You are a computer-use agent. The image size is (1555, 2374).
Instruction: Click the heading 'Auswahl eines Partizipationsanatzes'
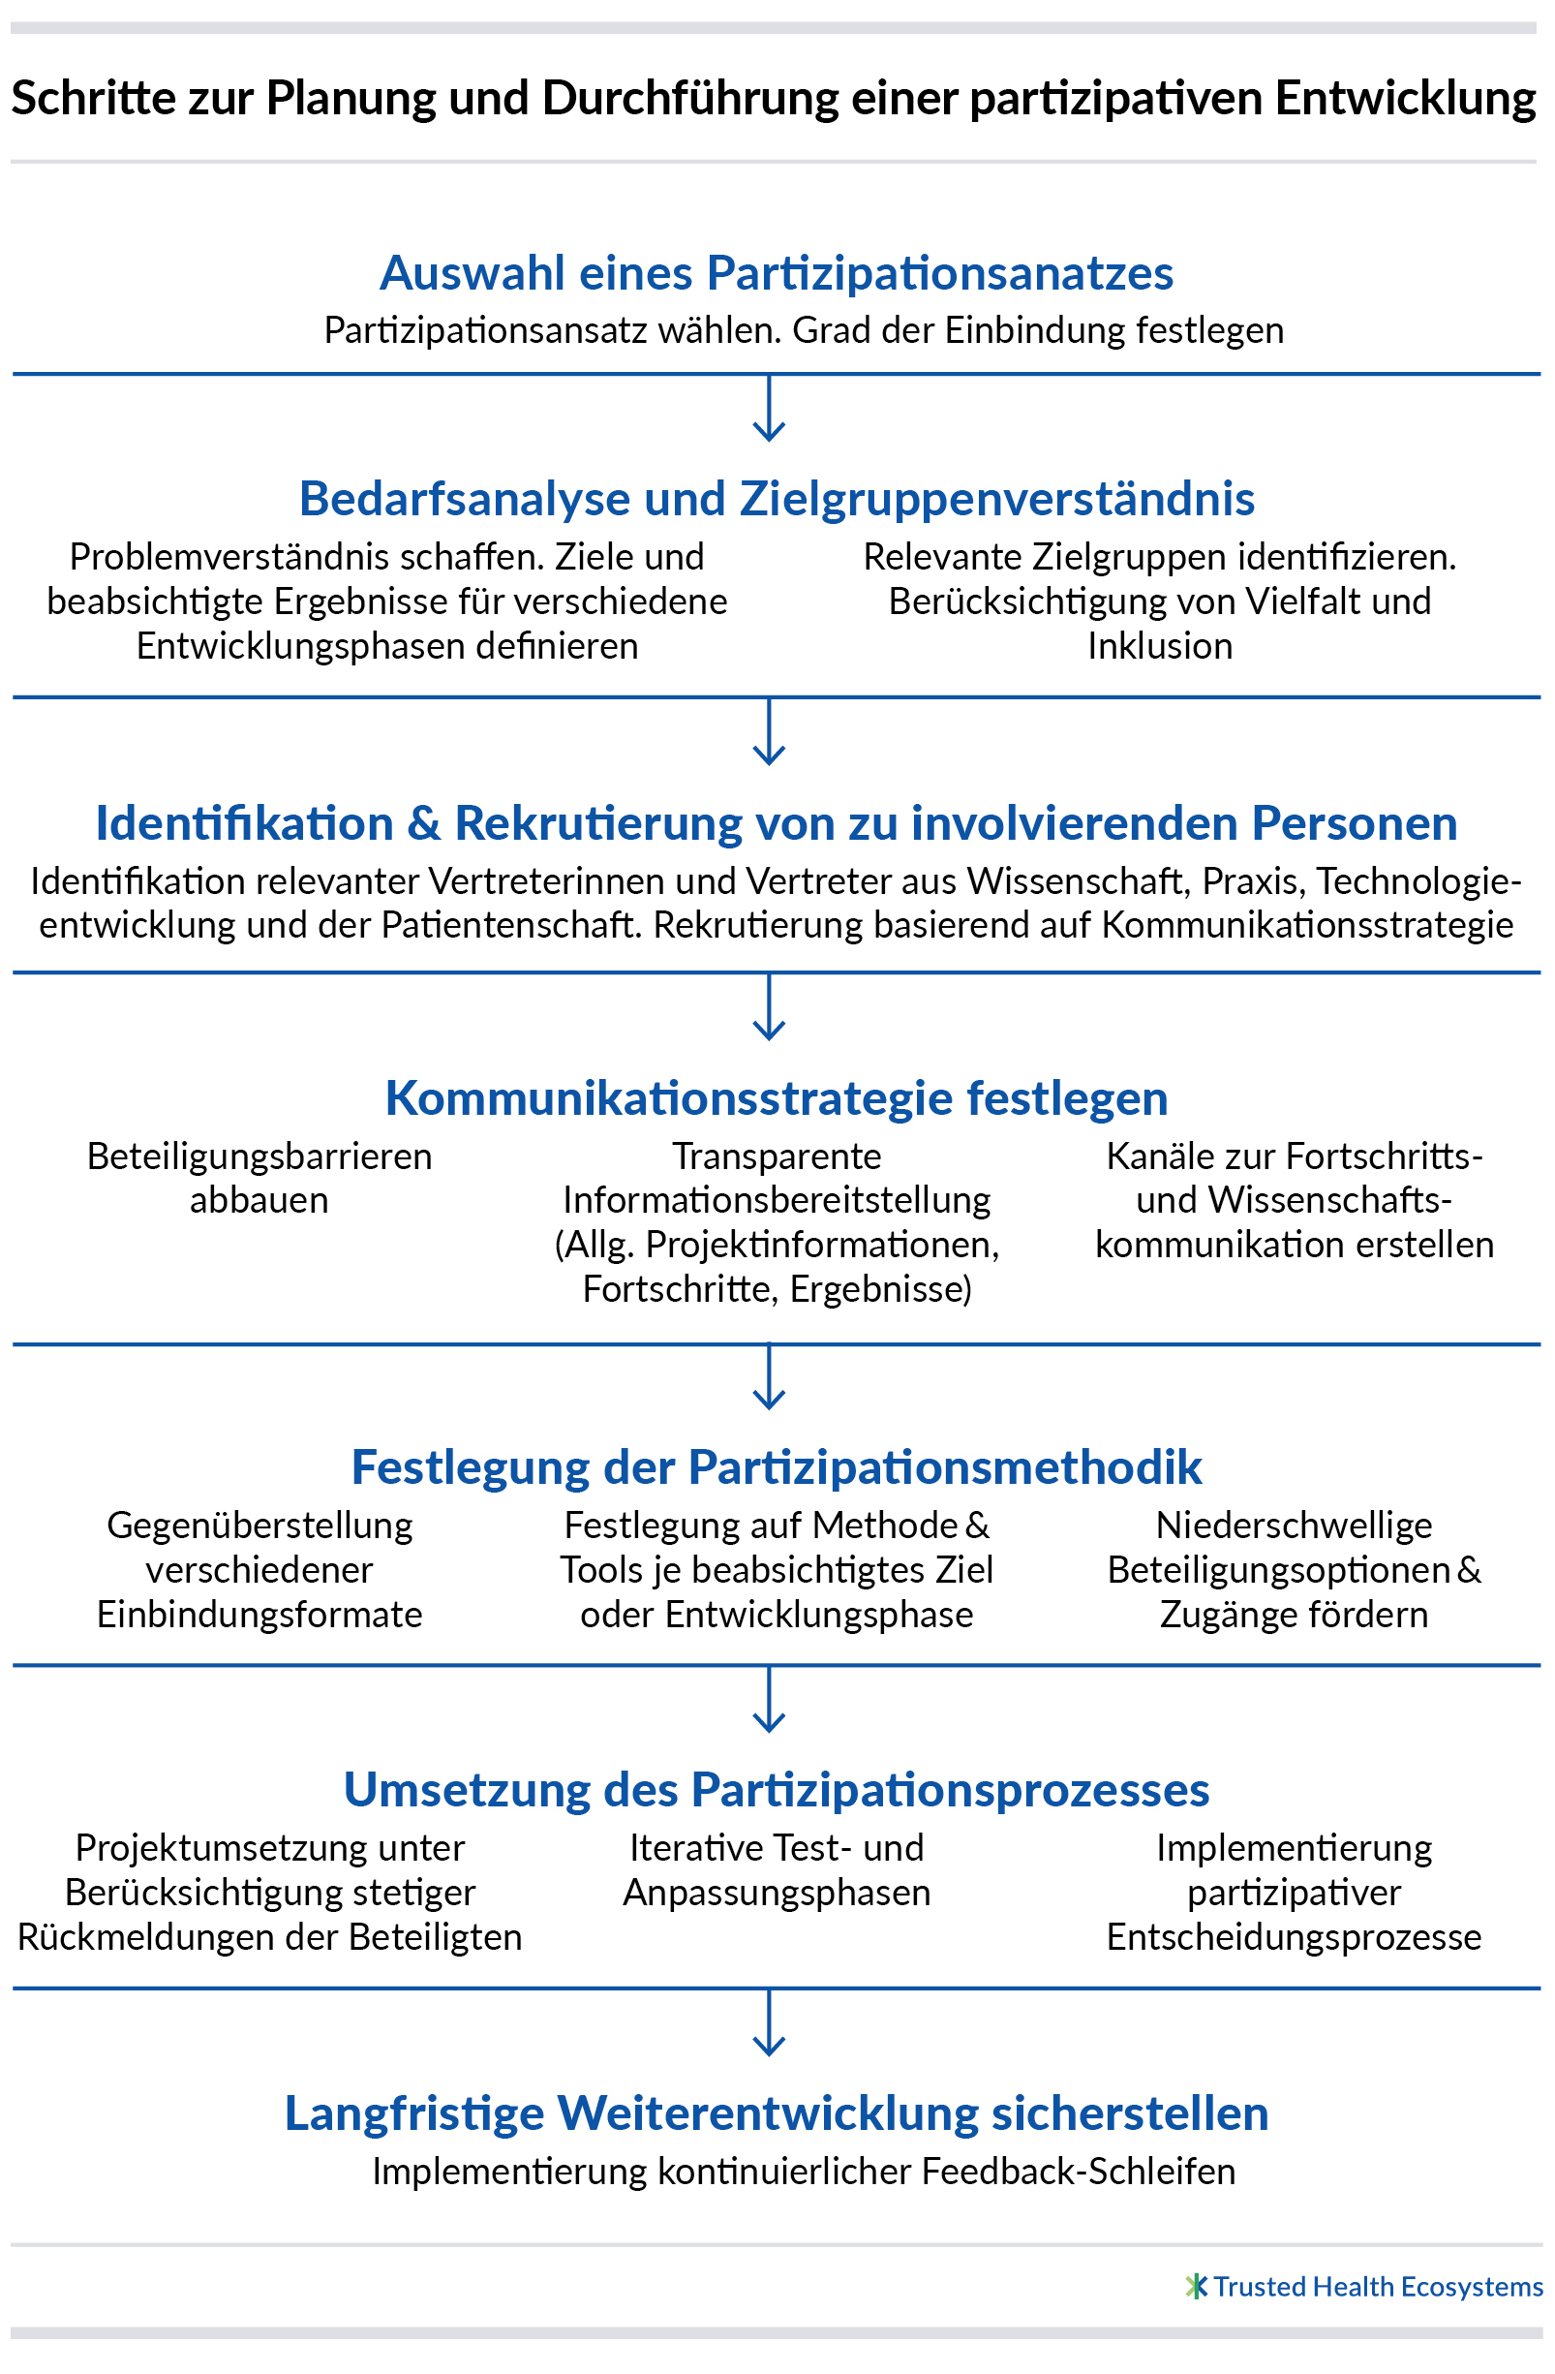pyautogui.click(x=776, y=273)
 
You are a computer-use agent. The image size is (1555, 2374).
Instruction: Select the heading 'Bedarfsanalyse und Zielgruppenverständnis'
pyautogui.click(x=777, y=499)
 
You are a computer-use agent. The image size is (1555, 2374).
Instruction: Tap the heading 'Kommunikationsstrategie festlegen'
pyautogui.click(x=777, y=1098)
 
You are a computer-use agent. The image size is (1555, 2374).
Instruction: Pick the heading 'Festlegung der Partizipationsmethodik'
pyautogui.click(x=777, y=1467)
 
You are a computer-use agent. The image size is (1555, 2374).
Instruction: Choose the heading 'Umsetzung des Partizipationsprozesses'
pyautogui.click(x=777, y=1790)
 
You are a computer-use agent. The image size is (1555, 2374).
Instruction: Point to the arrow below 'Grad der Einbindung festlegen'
pyautogui.click(x=769, y=408)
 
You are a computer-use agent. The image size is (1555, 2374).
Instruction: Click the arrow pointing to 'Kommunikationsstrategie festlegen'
pyautogui.click(x=769, y=1006)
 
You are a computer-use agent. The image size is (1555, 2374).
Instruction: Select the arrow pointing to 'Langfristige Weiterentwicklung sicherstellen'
pyautogui.click(x=769, y=2021)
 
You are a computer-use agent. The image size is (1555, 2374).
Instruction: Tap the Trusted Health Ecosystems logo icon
pyautogui.click(x=1196, y=2286)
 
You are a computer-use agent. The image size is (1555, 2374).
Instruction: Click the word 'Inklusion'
pyautogui.click(x=1160, y=646)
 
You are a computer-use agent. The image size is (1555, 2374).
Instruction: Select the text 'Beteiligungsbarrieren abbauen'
pyautogui.click(x=259, y=1178)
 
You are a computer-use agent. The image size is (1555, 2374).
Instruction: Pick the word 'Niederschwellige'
pyautogui.click(x=1294, y=1526)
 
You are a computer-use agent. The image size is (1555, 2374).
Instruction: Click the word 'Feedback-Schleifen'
pyautogui.click(x=1080, y=2172)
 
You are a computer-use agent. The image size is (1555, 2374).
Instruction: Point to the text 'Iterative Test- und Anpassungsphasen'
pyautogui.click(x=777, y=1870)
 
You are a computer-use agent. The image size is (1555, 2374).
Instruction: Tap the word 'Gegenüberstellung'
pyautogui.click(x=259, y=1526)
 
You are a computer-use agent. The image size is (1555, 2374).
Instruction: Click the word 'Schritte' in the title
pyautogui.click(x=76, y=99)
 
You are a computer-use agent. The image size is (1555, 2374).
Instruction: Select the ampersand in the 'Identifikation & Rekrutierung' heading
pyautogui.click(x=424, y=824)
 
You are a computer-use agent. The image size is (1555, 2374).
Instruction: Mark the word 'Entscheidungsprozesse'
pyautogui.click(x=1294, y=1938)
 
